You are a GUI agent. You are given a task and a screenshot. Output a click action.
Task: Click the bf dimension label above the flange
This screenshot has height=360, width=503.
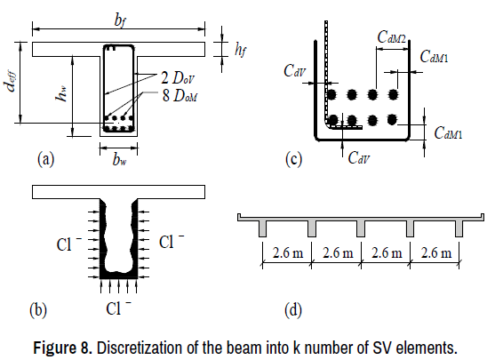point(119,21)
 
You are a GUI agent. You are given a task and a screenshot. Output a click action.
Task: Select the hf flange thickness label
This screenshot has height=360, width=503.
point(240,50)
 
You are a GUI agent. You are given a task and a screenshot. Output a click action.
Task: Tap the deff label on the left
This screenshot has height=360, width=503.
point(11,82)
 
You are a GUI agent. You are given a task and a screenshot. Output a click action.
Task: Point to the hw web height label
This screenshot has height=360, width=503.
point(61,93)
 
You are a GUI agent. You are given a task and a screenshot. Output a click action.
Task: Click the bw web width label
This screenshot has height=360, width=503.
point(119,158)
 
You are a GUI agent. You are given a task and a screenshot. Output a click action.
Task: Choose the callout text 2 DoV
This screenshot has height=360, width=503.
point(178,78)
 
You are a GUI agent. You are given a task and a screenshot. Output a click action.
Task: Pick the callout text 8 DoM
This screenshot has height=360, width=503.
point(180,95)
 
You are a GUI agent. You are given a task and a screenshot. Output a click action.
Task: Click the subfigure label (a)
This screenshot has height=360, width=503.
point(46,159)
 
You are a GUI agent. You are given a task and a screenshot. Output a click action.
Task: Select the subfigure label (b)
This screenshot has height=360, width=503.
point(38,310)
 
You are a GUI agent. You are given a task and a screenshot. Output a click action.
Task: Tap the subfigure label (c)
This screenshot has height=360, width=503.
point(293,159)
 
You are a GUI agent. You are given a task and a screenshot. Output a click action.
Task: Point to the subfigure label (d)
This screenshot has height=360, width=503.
point(293,310)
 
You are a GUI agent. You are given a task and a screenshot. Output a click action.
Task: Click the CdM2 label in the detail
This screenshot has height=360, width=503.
point(391,37)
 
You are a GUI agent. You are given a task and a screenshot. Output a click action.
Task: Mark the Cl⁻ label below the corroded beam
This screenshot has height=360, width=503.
point(118,308)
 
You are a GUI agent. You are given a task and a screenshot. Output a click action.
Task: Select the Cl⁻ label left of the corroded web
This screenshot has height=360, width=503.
point(69,244)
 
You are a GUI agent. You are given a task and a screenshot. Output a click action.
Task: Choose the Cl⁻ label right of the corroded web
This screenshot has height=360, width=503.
point(172,242)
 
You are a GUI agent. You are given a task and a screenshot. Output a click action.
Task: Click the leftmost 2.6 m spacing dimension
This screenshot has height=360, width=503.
point(288,252)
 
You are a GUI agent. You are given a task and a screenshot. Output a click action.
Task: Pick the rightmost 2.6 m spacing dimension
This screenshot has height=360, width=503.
point(436,252)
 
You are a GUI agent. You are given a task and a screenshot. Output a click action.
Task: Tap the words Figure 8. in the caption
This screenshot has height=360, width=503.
point(63,348)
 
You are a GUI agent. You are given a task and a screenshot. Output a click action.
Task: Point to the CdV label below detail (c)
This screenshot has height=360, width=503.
point(359,158)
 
